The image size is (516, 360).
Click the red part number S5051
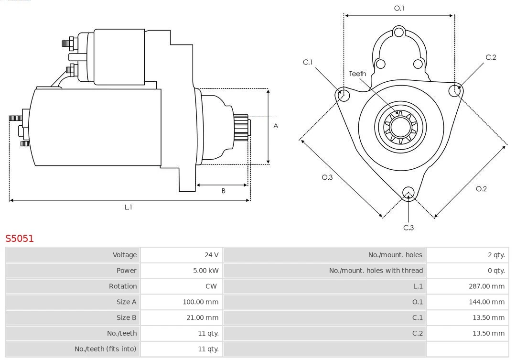20,238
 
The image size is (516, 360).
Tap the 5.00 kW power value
206,271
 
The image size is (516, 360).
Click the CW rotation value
211,286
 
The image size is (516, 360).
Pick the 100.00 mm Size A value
200,302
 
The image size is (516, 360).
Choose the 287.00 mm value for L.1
486,286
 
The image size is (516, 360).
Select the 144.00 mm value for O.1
486,302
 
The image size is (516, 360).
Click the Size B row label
126,317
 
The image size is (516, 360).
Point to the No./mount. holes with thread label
376,271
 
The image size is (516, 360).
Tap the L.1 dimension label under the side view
128,207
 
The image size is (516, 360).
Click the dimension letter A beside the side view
276,126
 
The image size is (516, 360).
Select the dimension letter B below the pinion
223,191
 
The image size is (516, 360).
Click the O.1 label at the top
399,8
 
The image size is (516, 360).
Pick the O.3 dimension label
327,177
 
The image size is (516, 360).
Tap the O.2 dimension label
481,189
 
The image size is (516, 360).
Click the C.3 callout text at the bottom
408,228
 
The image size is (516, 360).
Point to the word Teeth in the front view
357,74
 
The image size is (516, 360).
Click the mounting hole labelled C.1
342,95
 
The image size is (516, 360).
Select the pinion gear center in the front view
400,128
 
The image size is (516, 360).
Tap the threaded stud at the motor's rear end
14,118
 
